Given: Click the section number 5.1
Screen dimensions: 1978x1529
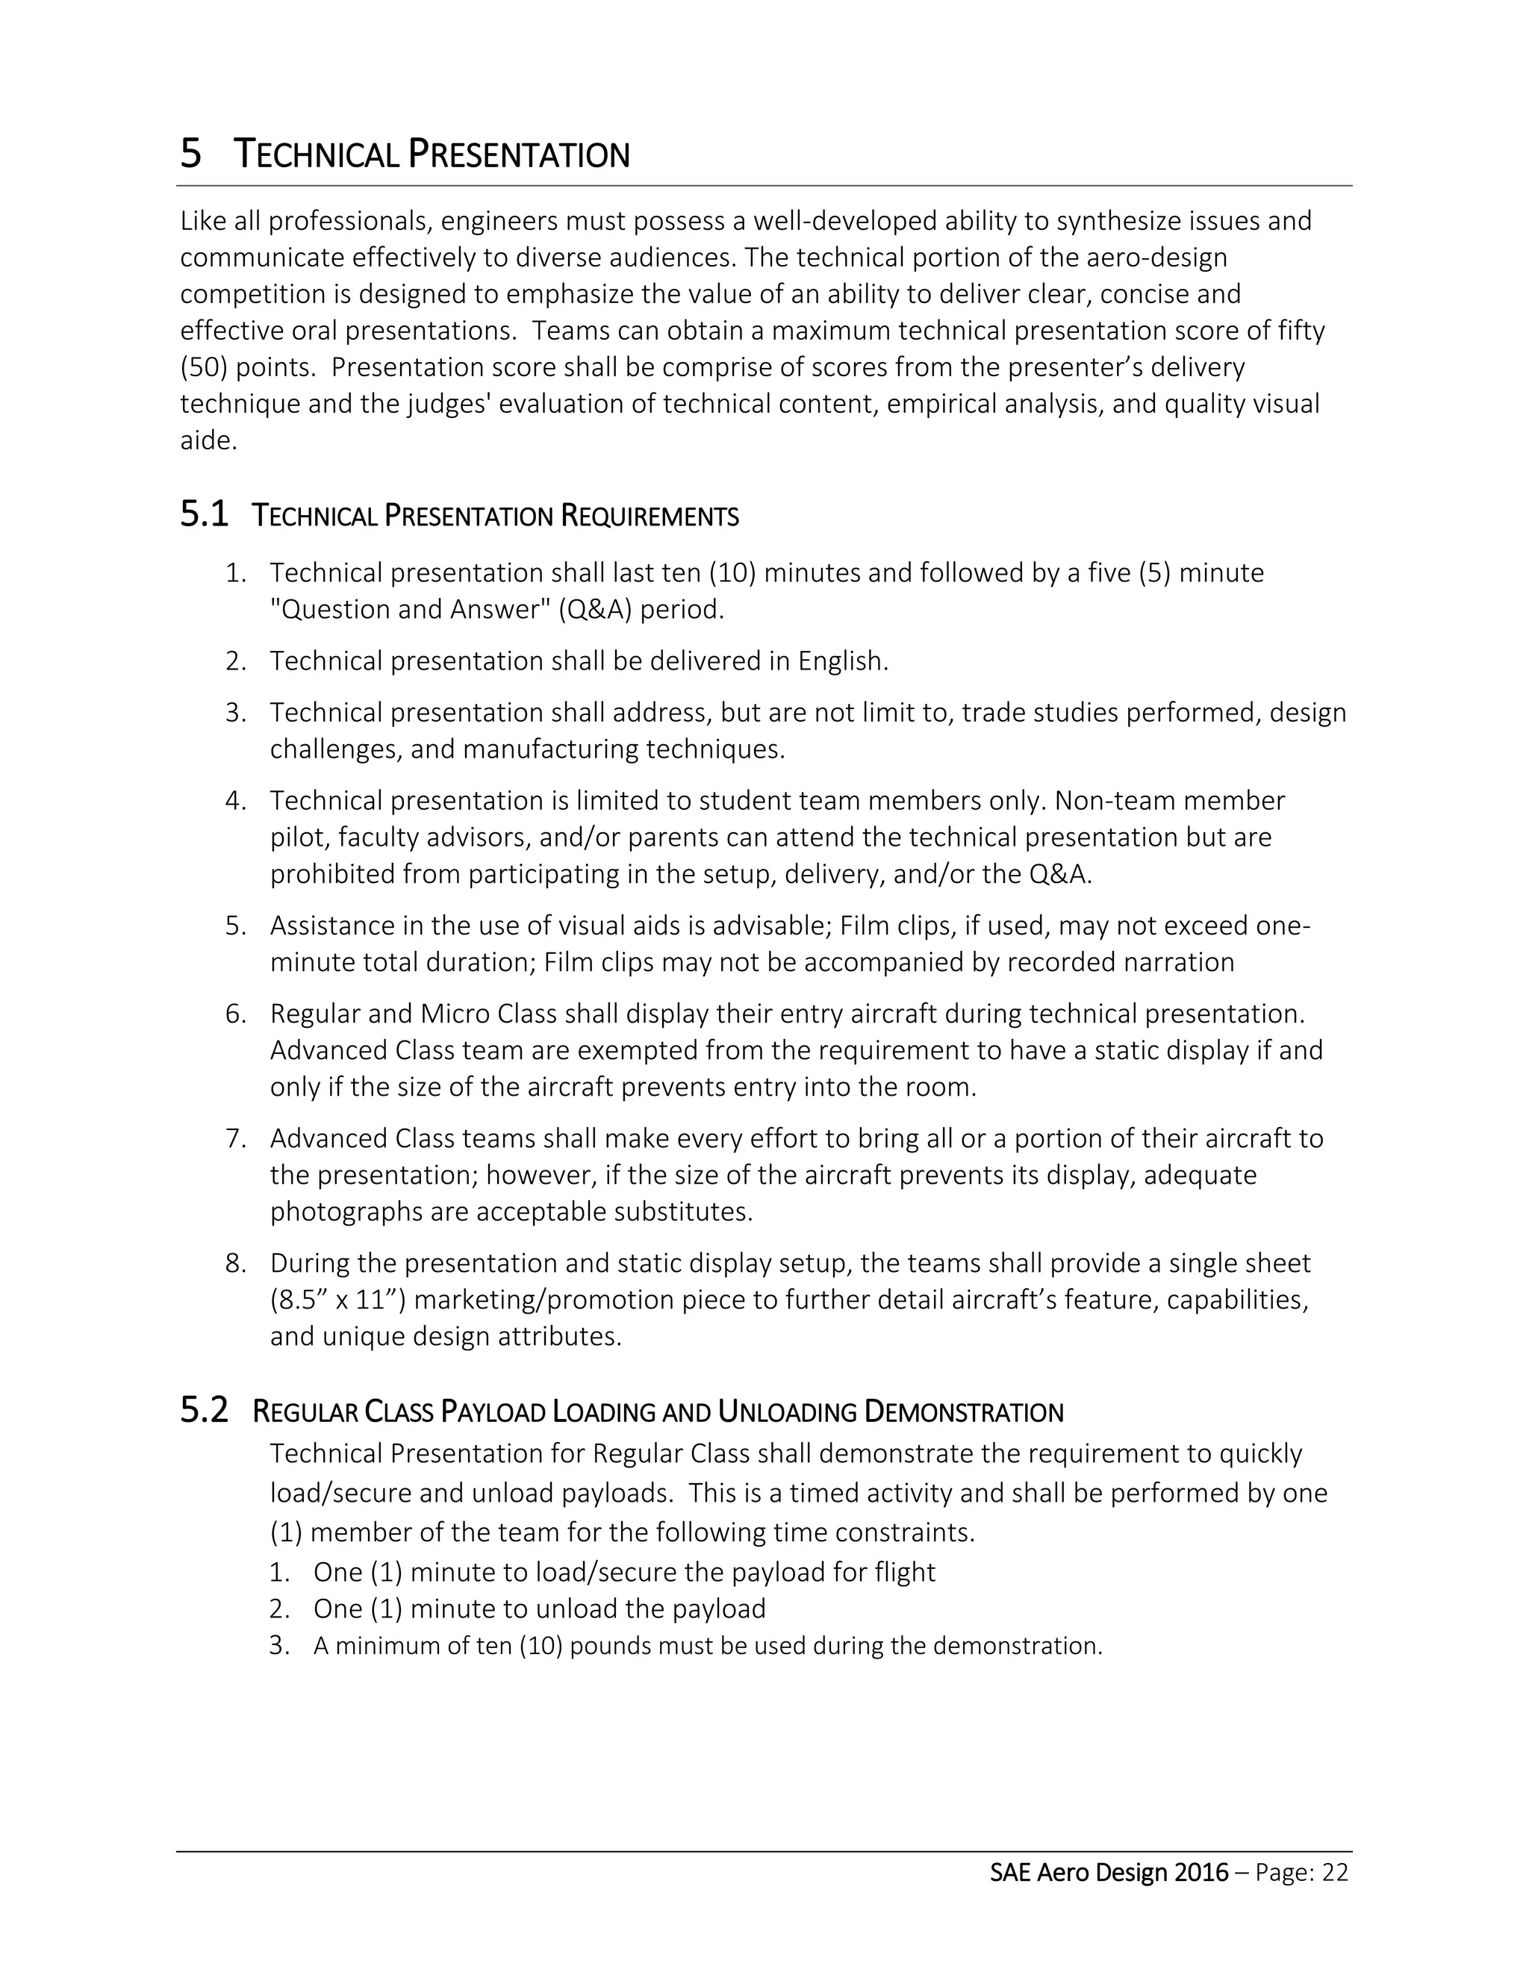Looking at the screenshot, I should click(204, 514).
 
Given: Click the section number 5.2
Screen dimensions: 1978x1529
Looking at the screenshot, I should click(204, 1410).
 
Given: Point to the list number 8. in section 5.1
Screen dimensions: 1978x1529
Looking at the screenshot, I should click(235, 1262).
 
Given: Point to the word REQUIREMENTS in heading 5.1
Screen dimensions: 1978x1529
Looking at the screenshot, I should click(650, 517).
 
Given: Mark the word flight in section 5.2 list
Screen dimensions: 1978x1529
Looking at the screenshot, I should click(905, 1571).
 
